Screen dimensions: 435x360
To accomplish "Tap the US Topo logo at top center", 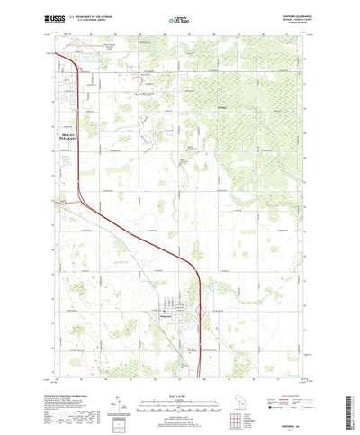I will (180, 18).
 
